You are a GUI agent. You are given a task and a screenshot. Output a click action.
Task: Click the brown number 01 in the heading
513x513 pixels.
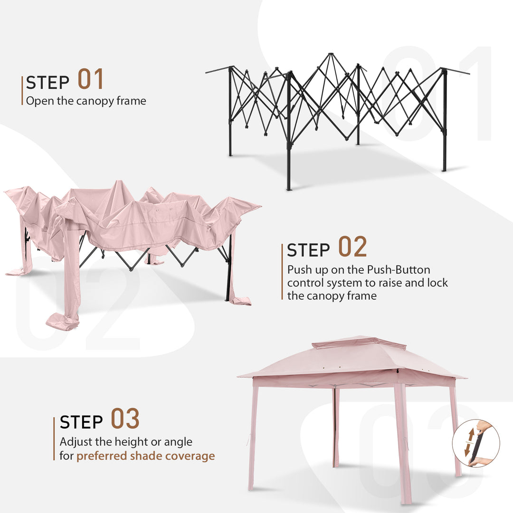(x=90, y=79)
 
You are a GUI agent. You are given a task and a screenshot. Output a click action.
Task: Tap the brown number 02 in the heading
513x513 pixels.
(x=352, y=247)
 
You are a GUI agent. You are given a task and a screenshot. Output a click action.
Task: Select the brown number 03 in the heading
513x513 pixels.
(x=125, y=418)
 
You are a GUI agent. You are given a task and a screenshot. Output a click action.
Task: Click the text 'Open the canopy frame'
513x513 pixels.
(x=86, y=101)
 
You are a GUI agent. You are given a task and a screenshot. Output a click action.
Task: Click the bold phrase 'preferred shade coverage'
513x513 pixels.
(x=145, y=456)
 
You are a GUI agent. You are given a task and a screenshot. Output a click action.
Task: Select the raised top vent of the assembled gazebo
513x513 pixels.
(x=359, y=342)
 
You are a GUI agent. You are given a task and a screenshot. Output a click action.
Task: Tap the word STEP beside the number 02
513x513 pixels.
(x=308, y=250)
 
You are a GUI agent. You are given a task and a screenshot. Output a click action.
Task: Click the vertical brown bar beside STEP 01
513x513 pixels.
(x=22, y=90)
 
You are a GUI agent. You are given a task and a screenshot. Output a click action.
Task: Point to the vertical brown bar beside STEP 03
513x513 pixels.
(x=54, y=438)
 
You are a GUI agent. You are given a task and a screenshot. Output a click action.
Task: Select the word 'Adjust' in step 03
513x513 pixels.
(x=73, y=442)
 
